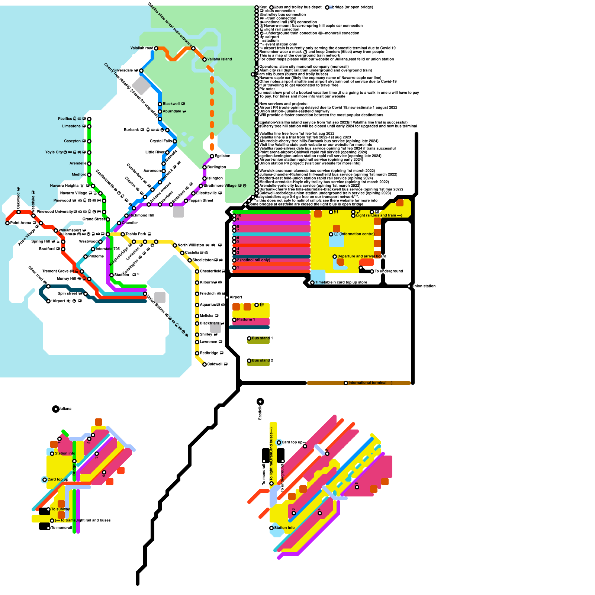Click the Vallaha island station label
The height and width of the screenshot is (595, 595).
click(x=219, y=59)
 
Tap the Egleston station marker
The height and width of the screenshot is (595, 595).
click(x=212, y=156)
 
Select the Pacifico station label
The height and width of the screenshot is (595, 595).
click(x=65, y=119)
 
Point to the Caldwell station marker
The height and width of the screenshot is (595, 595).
click(x=205, y=364)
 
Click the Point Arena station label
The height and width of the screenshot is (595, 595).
click(x=20, y=223)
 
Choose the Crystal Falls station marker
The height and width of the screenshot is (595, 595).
click(x=175, y=141)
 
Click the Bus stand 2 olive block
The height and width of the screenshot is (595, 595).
click(x=258, y=363)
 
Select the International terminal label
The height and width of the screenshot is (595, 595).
click(x=370, y=383)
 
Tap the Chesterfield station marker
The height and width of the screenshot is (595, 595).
click(x=197, y=271)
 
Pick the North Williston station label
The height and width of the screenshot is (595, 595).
click(x=191, y=245)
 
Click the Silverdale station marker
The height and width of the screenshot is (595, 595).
click(x=141, y=71)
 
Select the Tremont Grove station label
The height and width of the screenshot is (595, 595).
click(x=55, y=271)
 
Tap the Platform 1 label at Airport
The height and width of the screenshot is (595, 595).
click(x=246, y=319)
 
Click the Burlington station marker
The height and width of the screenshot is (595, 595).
click(x=205, y=167)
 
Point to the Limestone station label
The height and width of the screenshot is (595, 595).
click(x=71, y=126)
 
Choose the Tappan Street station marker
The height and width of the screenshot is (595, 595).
click(x=186, y=201)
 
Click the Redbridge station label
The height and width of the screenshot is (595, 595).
click(x=209, y=353)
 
